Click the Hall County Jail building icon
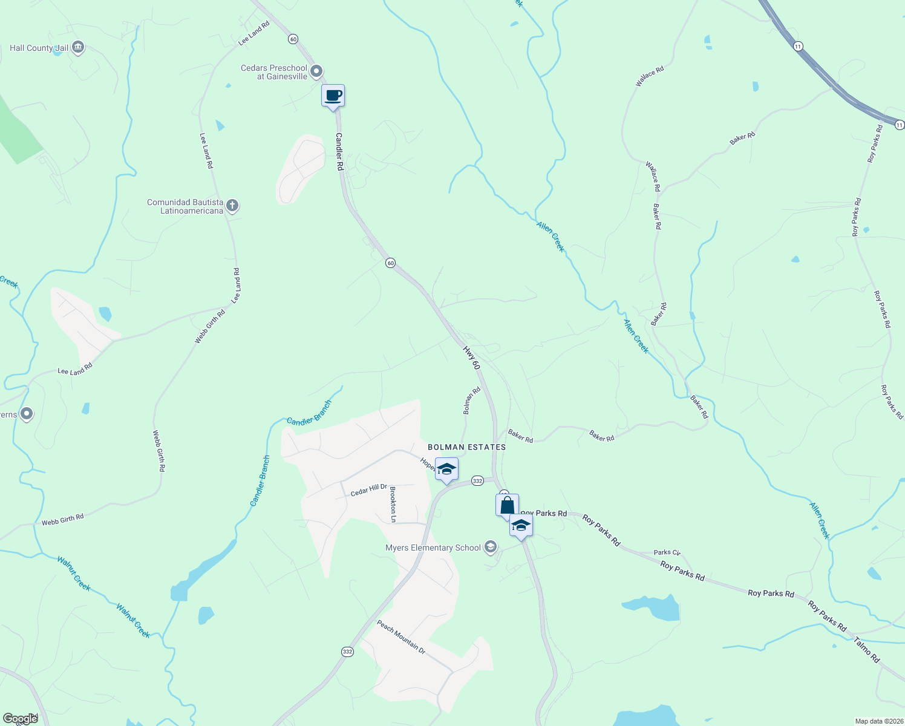[77, 47]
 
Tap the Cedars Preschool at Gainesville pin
[316, 73]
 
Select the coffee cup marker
[333, 96]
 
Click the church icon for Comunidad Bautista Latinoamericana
[232, 206]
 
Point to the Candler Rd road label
[339, 151]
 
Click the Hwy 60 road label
[471, 358]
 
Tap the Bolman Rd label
[471, 401]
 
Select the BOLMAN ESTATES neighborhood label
[466, 447]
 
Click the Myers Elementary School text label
[433, 548]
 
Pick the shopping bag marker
[507, 505]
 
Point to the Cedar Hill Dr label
[368, 490]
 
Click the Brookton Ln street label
[393, 505]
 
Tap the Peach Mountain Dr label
[401, 636]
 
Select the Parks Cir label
[667, 552]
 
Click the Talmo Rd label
[867, 649]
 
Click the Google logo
[20, 719]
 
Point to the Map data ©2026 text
[878, 721]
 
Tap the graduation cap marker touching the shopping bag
[521, 525]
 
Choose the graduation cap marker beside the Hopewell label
[446, 469]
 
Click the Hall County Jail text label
[39, 48]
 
